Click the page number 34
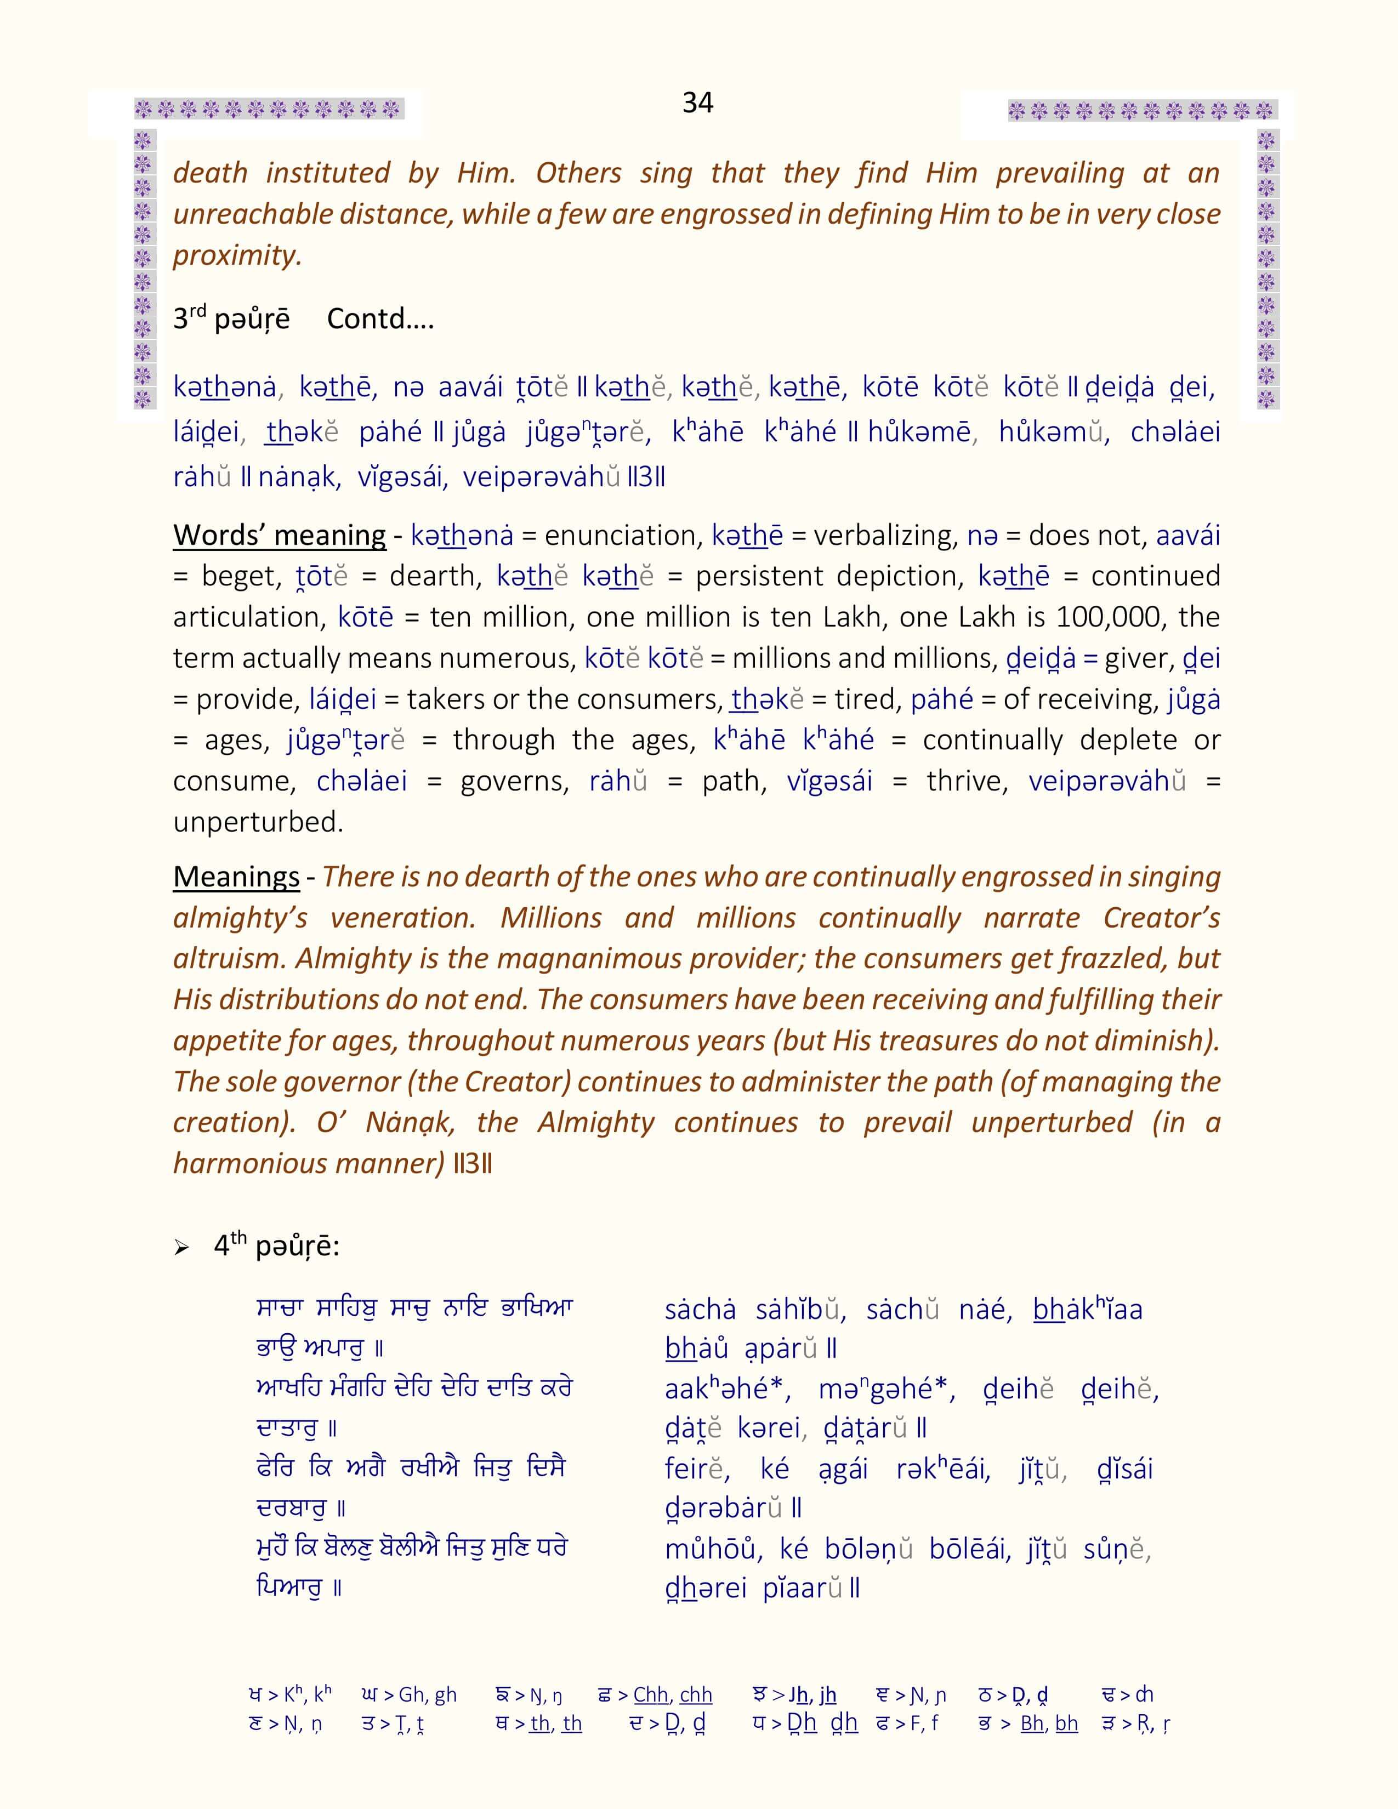697,102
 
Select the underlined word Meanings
236,877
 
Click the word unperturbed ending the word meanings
258,822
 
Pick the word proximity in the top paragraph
236,255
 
